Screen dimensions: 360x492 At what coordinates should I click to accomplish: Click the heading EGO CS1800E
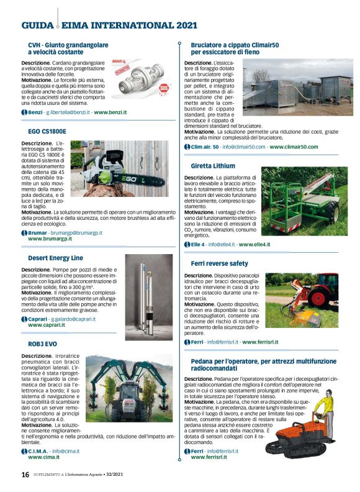click(47, 132)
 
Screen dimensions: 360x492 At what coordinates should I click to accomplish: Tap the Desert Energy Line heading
click(55, 258)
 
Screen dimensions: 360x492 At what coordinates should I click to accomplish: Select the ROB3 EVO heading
click(43, 344)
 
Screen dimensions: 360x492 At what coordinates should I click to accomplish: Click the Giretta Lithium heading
click(213, 166)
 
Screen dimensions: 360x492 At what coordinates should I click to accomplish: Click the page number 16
click(25, 474)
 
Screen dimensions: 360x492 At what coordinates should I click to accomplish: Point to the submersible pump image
click(149, 296)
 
